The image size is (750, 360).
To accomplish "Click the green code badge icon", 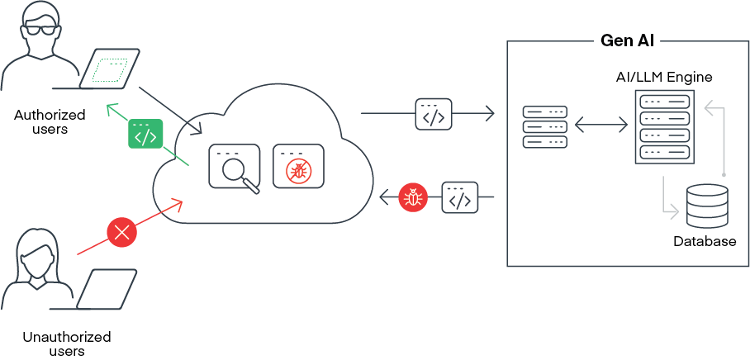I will pyautogui.click(x=145, y=134).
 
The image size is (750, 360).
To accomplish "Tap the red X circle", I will pyautogui.click(x=122, y=232).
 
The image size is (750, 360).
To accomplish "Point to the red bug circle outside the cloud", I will pyautogui.click(x=411, y=197).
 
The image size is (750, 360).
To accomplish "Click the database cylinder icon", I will pyautogui.click(x=708, y=206).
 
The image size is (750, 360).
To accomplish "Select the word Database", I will pyautogui.click(x=705, y=242).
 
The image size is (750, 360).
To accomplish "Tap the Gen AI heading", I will pyautogui.click(x=629, y=39).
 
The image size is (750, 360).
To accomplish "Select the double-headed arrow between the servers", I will pyautogui.click(x=601, y=126).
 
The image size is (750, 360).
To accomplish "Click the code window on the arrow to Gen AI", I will pyautogui.click(x=434, y=115).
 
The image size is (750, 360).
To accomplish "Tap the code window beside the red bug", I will pyautogui.click(x=460, y=197).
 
